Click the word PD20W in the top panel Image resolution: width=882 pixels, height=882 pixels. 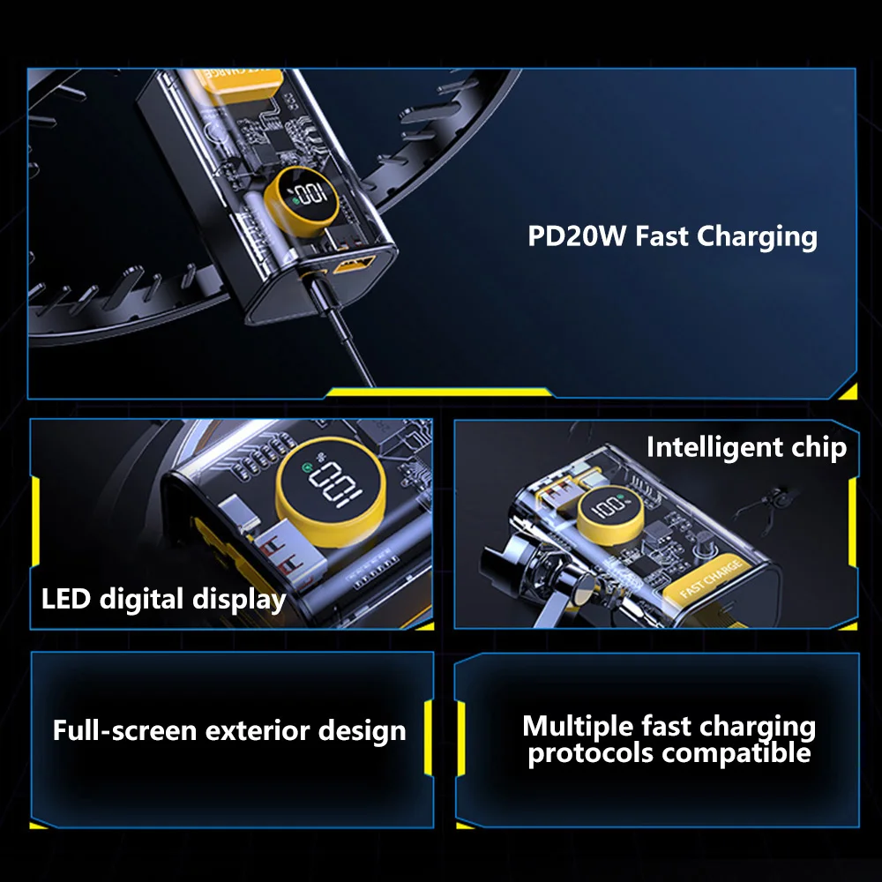click(576, 235)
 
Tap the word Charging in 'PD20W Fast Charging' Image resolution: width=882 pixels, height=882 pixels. click(757, 236)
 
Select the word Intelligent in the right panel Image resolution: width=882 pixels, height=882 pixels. click(714, 448)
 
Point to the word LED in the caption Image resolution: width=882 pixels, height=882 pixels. click(66, 598)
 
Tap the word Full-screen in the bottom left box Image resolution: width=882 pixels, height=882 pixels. click(124, 730)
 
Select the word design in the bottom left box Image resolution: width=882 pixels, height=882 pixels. click(362, 730)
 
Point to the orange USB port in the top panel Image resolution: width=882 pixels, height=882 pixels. click(354, 264)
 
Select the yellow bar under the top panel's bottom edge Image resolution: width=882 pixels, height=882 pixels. click(439, 392)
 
